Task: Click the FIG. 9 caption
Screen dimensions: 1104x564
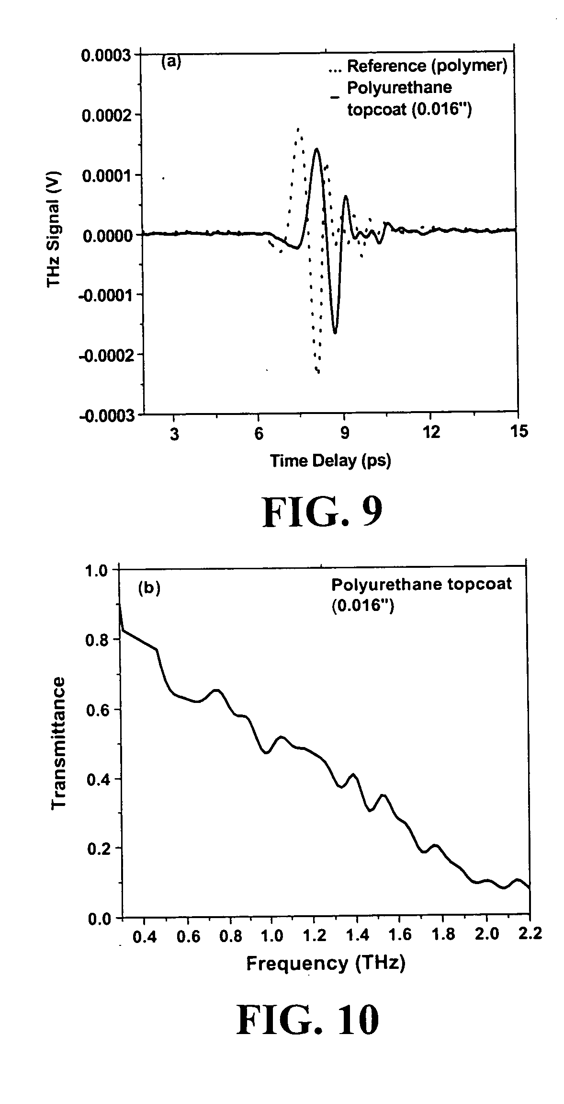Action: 322,512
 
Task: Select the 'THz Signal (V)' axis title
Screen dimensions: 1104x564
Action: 54,230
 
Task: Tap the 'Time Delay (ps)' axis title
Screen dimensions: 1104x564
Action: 330,460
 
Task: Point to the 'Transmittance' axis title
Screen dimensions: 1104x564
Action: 58,742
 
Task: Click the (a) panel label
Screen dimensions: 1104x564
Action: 171,62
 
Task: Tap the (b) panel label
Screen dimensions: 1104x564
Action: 149,588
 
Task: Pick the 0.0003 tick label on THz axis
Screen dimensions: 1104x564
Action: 106,56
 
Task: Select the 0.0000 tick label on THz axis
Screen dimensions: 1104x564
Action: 106,235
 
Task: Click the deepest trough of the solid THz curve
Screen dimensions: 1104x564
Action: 335,333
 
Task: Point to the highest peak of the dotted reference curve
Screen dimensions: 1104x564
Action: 298,128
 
